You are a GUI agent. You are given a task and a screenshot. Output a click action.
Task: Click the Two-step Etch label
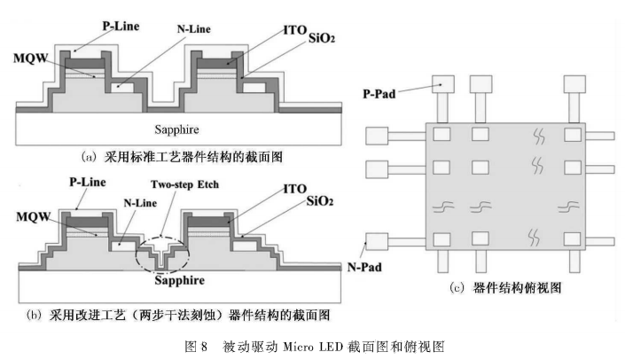pos(181,188)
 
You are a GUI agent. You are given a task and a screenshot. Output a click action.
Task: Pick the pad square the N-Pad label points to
pos(377,240)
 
